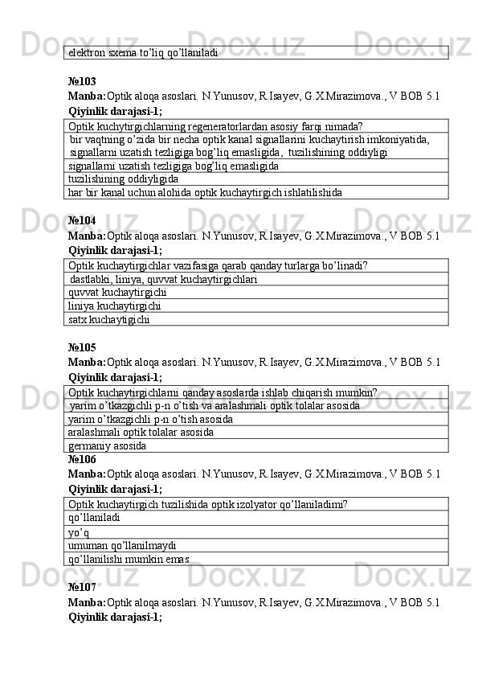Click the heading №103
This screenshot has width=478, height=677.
tap(82, 82)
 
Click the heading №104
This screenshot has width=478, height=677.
tap(82, 220)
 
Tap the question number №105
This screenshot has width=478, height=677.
tap(82, 347)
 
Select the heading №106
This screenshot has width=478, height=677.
tap(82, 459)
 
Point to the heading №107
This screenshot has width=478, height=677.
tap(82, 588)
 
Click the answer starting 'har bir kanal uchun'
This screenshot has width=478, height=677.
tap(205, 193)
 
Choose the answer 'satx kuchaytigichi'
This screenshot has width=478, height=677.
tap(109, 319)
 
